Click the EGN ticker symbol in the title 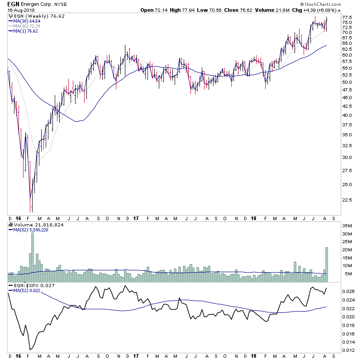click(x=14, y=4)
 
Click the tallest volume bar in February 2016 click(x=32, y=254)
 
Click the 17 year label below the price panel click(x=136, y=218)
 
